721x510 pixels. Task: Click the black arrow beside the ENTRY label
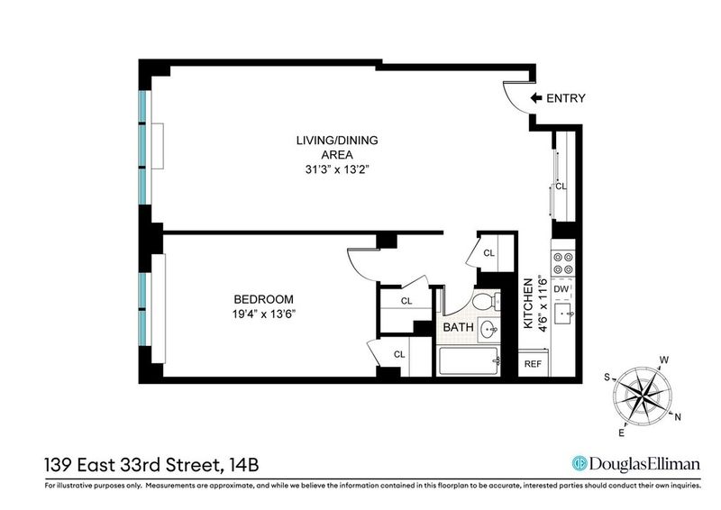536,98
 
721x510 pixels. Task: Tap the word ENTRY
566,98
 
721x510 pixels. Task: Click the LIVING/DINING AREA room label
337,147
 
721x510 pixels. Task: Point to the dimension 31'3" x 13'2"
337,169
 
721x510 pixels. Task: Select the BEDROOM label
263,299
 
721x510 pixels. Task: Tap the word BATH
458,327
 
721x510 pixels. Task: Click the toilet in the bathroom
487,301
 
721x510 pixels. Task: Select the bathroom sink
488,329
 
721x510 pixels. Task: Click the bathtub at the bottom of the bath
469,361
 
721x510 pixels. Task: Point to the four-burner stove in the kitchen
563,263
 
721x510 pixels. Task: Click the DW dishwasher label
561,289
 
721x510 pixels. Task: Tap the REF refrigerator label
533,364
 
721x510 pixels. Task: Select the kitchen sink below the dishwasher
563,314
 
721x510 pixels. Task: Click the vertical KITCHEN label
528,303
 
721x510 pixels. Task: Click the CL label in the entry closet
561,187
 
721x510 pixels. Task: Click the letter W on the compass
664,360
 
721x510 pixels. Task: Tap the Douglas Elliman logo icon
580,463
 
